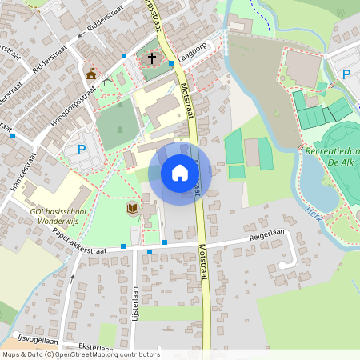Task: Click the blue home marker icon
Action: click(180, 173)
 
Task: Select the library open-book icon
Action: click(133, 208)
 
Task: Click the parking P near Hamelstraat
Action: click(81, 149)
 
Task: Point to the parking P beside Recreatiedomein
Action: click(346, 74)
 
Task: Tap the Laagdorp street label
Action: click(194, 53)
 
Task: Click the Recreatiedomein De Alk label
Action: click(333, 156)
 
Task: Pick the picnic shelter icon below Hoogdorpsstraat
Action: click(107, 82)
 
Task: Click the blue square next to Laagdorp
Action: click(171, 63)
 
